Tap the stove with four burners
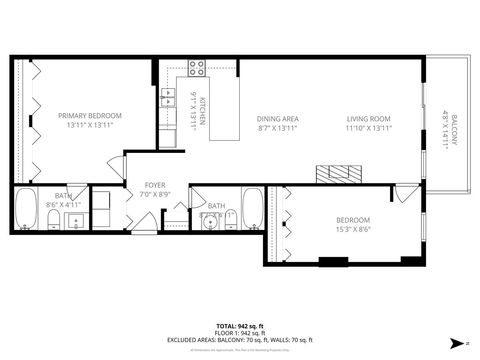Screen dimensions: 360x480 pos(197,69)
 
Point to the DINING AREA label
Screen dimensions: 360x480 pos(277,118)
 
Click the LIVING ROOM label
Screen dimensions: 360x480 pos(368,118)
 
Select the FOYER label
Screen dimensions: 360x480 pos(154,185)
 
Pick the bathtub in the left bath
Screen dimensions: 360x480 pos(25,210)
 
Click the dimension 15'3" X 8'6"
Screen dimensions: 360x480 pos(352,229)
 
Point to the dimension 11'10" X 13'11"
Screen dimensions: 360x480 pos(368,128)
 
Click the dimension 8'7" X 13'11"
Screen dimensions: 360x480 pos(277,128)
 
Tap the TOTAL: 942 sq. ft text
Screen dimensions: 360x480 pos(240,325)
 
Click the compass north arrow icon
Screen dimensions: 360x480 pos(459,343)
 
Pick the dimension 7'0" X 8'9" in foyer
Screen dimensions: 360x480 pos(154,194)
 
